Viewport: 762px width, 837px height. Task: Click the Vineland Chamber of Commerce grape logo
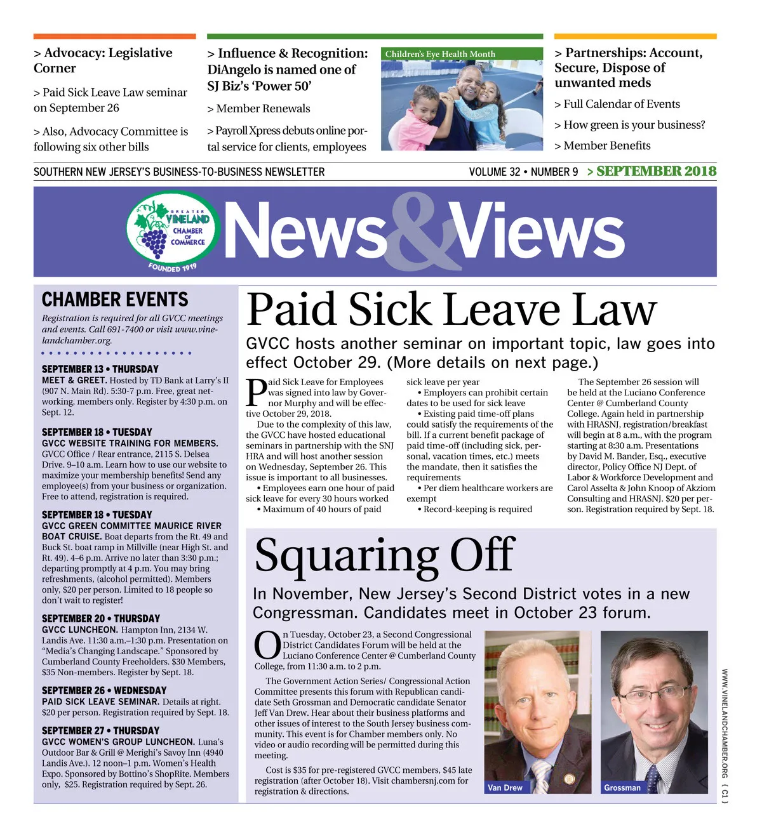(173, 232)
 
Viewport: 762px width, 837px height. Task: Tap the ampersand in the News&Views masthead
(419, 232)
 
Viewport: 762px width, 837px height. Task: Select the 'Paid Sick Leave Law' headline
(451, 310)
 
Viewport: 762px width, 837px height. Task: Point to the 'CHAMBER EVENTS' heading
(115, 300)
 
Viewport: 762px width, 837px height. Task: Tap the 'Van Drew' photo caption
(505, 788)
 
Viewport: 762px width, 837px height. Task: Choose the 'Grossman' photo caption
(622, 788)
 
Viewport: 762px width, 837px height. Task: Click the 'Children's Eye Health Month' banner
(440, 54)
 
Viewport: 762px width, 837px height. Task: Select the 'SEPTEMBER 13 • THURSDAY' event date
(100, 369)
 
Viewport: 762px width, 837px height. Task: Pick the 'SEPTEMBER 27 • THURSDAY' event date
(100, 730)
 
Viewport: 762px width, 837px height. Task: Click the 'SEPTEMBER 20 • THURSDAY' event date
(100, 618)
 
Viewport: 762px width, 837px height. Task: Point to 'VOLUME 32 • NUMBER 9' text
(523, 172)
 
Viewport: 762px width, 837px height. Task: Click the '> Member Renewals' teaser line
(258, 109)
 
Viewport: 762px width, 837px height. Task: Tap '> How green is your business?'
(629, 125)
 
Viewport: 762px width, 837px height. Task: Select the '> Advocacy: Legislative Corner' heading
(103, 60)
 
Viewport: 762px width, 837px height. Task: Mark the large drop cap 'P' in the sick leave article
(256, 393)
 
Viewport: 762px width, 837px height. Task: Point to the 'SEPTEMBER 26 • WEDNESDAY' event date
(104, 690)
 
